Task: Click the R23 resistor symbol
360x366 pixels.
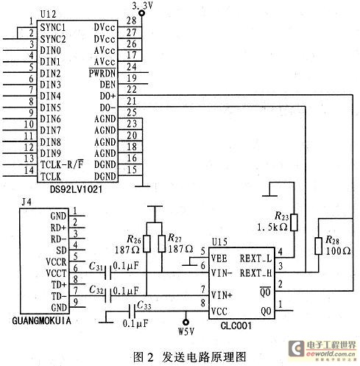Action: coord(294,222)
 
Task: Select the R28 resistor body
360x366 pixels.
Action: coord(318,246)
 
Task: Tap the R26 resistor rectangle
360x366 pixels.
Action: coord(147,244)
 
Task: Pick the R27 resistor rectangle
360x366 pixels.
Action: coord(162,244)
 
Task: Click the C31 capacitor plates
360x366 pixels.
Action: coord(107,272)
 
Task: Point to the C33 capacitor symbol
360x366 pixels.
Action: coord(132,312)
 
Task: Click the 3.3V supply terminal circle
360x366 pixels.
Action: coord(141,13)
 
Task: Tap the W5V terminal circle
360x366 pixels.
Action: coord(186,322)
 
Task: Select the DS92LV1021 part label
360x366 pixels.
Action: coord(76,189)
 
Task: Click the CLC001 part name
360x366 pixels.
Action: coord(236,325)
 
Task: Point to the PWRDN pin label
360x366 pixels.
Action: coord(102,73)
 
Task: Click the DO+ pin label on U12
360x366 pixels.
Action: coord(107,96)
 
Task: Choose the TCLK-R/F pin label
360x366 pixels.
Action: coord(62,164)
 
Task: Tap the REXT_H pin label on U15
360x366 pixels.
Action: coord(255,273)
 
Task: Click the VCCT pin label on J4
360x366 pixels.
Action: coord(56,273)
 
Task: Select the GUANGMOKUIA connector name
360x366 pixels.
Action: coord(41,320)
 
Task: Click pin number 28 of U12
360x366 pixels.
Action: coord(132,21)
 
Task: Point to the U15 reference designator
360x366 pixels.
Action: coord(219,242)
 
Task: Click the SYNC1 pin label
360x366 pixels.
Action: coord(53,27)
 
